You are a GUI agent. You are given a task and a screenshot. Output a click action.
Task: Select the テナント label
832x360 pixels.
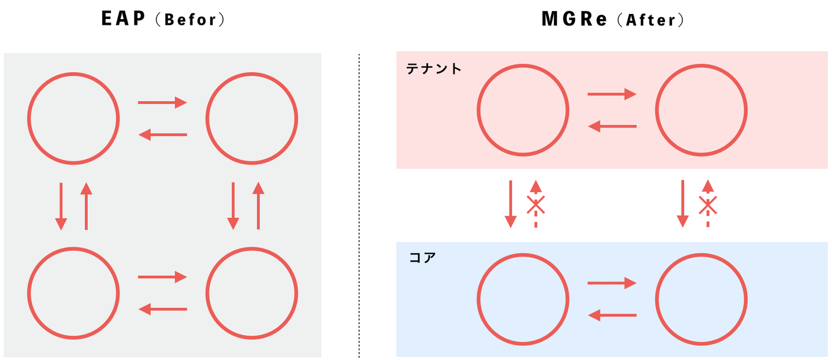[434, 69]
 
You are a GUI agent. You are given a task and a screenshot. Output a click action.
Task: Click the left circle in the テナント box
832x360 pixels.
[522, 110]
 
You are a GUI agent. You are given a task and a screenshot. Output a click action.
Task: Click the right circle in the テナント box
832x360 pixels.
[701, 110]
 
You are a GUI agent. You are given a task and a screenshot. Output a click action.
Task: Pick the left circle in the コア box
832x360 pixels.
[522, 299]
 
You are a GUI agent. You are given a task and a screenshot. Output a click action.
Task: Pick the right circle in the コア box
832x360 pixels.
[701, 299]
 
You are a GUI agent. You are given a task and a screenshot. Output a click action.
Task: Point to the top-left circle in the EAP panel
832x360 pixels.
[73, 118]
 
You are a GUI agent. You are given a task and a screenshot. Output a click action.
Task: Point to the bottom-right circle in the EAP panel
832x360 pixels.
[252, 293]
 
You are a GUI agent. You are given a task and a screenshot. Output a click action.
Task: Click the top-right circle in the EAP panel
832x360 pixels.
[252, 118]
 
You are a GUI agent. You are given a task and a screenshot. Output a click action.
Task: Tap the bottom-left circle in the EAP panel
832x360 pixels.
[73, 293]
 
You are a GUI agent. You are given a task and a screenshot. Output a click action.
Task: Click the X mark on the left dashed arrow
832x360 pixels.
[536, 205]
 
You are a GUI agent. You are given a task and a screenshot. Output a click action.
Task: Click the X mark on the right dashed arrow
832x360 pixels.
[708, 205]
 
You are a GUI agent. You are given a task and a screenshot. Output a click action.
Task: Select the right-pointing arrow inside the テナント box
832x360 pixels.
[611, 94]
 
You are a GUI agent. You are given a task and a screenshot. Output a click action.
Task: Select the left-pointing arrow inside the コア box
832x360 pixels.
[611, 315]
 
